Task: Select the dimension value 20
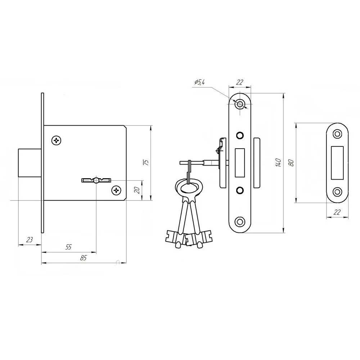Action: pos(137,190)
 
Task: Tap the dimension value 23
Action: pos(30,240)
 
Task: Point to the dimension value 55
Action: pos(68,247)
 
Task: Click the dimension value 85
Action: pos(83,258)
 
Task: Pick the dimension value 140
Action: pos(278,162)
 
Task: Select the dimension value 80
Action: pos(292,163)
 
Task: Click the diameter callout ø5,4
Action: pos(199,82)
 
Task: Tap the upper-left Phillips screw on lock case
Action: pos(57,140)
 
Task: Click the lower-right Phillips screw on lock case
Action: pos(116,190)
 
